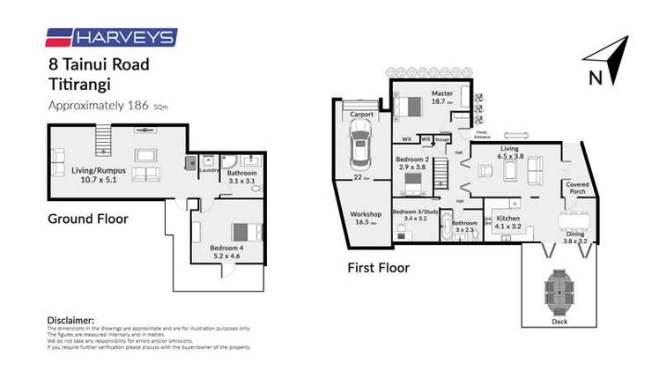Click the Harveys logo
click(x=110, y=37)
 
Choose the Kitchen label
click(x=509, y=219)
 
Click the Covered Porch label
click(x=577, y=188)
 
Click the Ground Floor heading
click(x=88, y=218)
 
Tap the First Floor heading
click(x=379, y=267)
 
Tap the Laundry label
click(x=209, y=170)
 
